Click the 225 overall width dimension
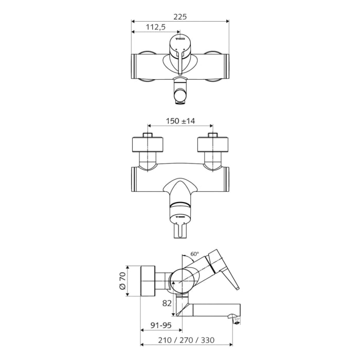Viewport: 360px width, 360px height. coord(180,16)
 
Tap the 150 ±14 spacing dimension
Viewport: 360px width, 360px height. coord(180,121)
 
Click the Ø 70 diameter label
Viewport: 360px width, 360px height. coord(122,282)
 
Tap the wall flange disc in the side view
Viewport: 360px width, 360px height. coord(149,281)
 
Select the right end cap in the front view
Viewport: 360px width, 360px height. coord(225,67)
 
